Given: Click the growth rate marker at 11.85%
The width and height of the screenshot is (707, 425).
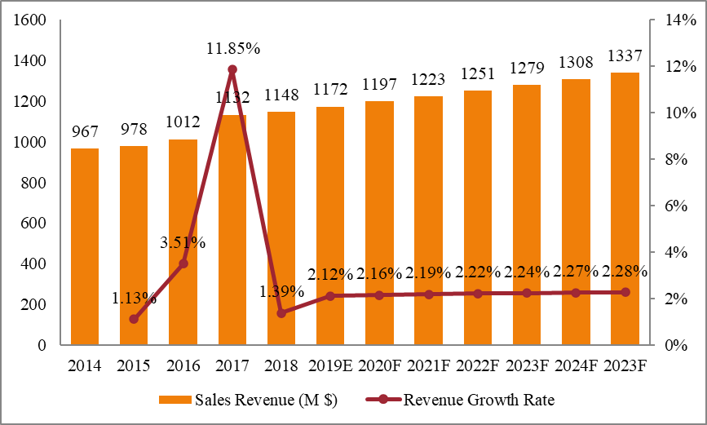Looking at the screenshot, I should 232,70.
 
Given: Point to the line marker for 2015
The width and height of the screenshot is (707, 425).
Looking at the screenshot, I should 134,319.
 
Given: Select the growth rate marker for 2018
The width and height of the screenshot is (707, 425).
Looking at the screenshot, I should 281,313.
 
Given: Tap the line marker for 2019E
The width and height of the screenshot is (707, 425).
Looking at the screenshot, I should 330,296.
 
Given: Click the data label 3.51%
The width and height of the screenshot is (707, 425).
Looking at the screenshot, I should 182,242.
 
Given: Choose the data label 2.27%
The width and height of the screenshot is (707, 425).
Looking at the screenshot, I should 575,272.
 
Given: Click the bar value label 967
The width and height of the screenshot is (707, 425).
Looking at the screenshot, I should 85,131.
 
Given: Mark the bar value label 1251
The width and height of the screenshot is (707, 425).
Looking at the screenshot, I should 477,73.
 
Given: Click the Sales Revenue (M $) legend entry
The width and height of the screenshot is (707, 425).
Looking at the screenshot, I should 248,400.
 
